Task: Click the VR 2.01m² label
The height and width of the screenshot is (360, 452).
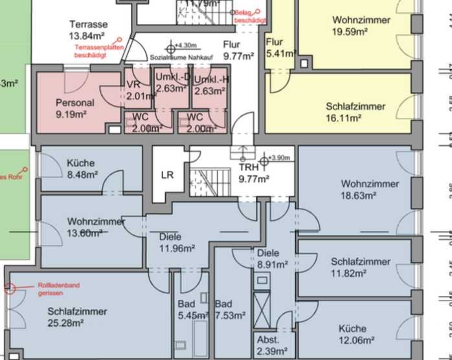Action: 135,91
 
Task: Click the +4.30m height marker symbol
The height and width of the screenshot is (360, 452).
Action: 172,47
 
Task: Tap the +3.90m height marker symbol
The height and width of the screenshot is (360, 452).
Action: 264,159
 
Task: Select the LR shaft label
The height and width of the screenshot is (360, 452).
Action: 167,174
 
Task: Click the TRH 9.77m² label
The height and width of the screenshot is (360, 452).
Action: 253,173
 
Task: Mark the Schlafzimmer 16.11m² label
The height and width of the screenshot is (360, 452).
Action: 356,112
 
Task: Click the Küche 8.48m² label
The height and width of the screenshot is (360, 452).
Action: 82,168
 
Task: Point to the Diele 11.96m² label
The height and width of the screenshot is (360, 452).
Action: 177,242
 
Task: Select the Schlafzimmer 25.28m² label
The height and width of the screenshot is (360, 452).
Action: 77,317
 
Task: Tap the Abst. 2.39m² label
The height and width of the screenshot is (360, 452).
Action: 267,345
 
